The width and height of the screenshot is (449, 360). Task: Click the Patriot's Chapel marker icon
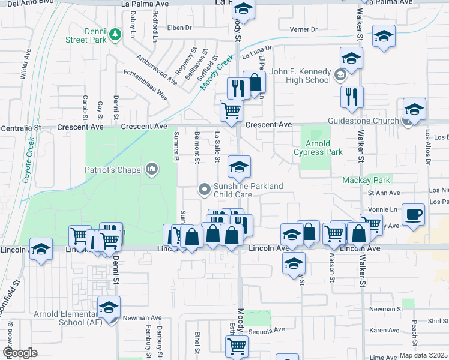click(x=152, y=170)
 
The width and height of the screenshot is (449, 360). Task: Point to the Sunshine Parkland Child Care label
click(x=248, y=190)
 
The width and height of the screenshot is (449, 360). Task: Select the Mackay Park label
click(x=366, y=180)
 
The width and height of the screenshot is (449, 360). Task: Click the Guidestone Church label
click(x=363, y=121)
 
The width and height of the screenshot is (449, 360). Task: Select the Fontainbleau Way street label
click(x=146, y=85)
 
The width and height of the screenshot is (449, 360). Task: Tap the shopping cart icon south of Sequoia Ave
click(x=237, y=346)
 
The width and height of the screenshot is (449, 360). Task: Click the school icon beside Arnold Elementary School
click(x=109, y=308)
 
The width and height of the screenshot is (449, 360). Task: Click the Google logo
click(x=19, y=353)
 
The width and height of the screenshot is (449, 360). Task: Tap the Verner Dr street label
click(x=303, y=29)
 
